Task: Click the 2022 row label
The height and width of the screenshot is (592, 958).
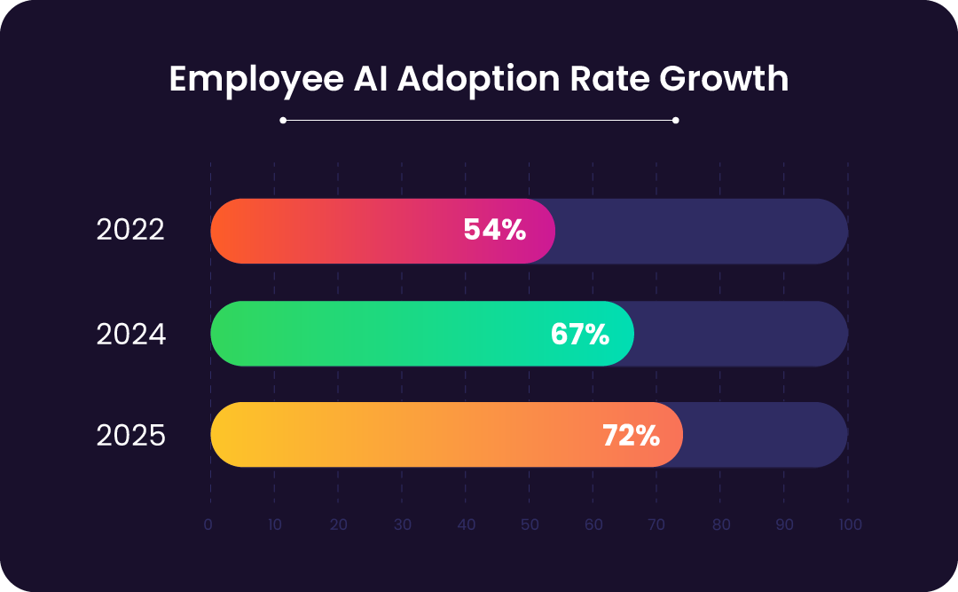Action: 130,231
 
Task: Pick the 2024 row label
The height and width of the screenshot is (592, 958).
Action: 130,335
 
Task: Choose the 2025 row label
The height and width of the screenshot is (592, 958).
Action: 130,436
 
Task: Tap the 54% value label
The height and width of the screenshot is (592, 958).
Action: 495,231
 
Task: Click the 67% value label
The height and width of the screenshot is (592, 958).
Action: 580,335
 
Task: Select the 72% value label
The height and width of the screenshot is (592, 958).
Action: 631,436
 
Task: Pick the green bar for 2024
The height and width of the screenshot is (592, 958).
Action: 373,335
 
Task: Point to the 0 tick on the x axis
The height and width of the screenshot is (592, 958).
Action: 208,525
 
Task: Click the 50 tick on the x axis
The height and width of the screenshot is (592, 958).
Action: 530,525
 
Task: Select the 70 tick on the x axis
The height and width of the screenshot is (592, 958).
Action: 657,525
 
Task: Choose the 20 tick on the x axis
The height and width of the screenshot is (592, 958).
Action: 338,525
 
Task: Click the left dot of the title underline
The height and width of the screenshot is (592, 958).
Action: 283,120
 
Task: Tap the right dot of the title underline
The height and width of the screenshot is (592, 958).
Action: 676,120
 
